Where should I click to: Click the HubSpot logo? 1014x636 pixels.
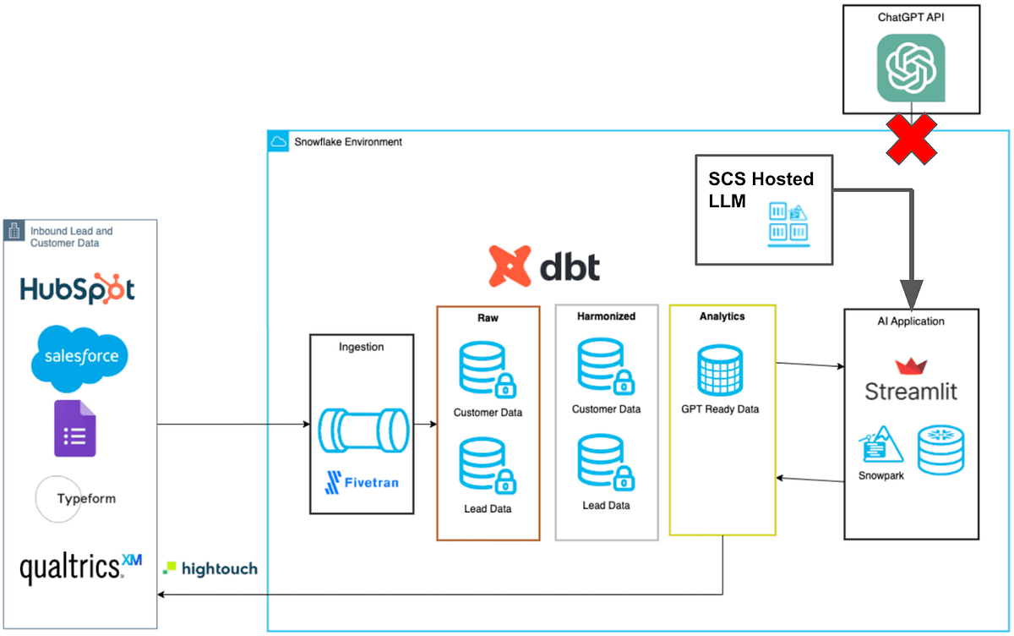(x=78, y=289)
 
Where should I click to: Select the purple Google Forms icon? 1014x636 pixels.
(x=75, y=428)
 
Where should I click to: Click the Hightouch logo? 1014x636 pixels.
(x=210, y=568)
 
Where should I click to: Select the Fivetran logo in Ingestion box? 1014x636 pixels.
(x=361, y=483)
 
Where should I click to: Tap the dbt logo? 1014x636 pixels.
(x=544, y=266)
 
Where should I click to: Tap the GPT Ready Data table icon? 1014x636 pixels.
(x=719, y=369)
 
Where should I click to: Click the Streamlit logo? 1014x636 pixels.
(x=911, y=380)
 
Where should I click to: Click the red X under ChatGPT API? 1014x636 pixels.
(x=912, y=138)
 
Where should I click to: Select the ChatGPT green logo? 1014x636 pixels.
(x=910, y=67)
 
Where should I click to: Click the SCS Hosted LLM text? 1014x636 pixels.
(x=760, y=188)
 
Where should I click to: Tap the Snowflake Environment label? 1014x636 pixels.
(x=347, y=142)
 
